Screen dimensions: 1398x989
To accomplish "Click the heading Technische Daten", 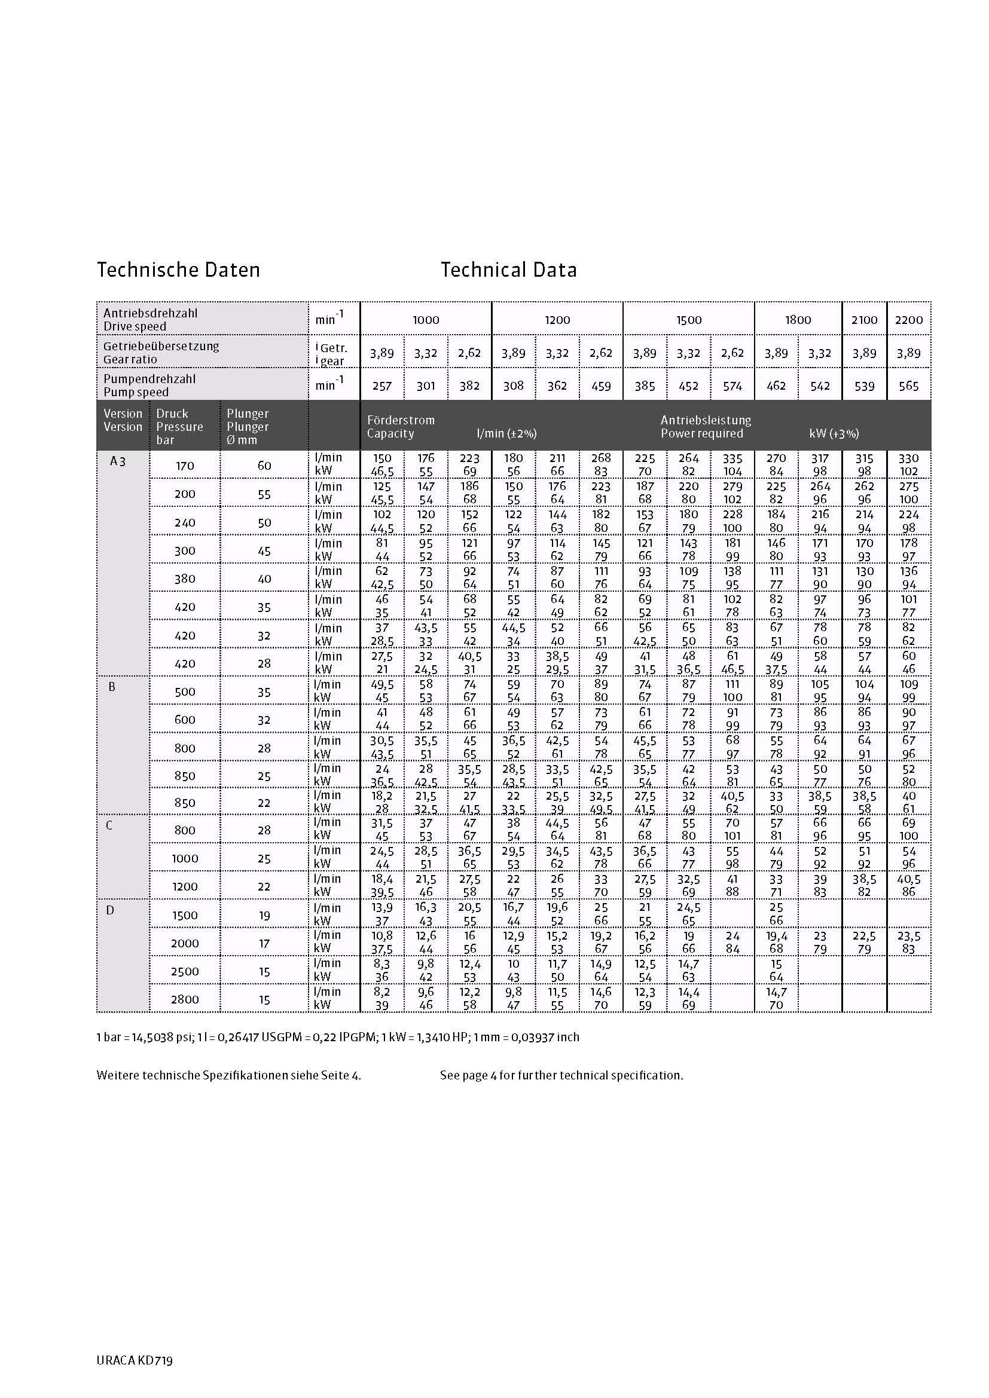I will [x=178, y=270].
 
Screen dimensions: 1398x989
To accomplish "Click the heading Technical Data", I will [x=508, y=270].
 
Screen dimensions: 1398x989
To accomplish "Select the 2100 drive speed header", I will [x=864, y=320].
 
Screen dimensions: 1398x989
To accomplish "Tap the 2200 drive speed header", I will [x=909, y=320].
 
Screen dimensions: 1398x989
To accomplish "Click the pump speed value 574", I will [x=732, y=386].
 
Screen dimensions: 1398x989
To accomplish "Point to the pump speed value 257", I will [x=382, y=386].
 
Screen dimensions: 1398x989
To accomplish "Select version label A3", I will [x=118, y=461].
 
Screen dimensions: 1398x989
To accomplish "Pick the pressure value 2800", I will [x=185, y=999].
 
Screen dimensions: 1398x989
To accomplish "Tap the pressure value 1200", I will [x=185, y=886].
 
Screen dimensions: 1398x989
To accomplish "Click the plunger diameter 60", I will [x=264, y=466].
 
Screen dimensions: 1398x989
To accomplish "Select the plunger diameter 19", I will [x=264, y=915].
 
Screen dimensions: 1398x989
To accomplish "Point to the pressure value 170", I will [x=185, y=466].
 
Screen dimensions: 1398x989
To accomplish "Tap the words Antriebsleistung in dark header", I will [x=705, y=420].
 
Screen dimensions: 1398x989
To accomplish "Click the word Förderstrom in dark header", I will [x=401, y=420].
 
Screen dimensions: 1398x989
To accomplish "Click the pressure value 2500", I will [x=185, y=971].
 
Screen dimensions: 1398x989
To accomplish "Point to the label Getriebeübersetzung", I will [x=161, y=346].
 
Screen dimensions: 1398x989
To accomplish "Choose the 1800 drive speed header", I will [x=798, y=320].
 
